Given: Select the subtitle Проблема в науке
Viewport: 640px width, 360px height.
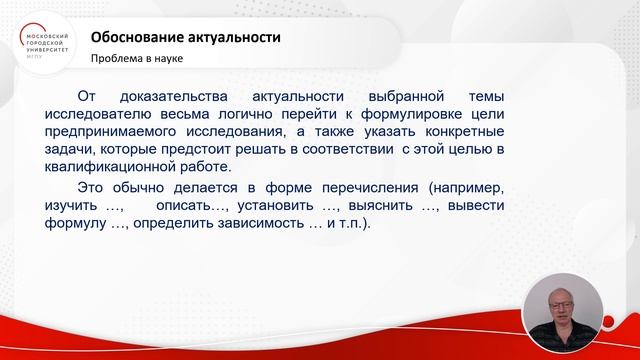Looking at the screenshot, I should click(137, 58).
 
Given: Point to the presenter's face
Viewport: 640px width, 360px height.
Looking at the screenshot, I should click(566, 303).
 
